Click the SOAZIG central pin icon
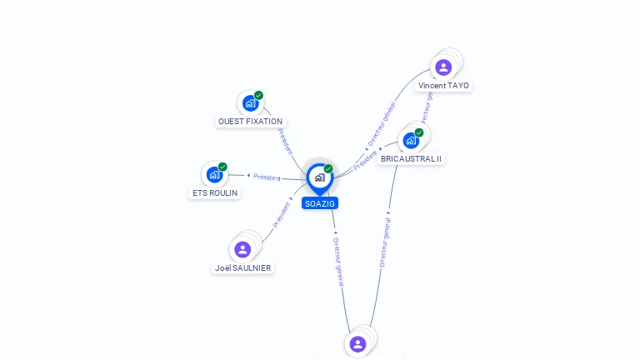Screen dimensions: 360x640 click(x=319, y=177)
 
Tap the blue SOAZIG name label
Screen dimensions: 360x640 click(x=320, y=203)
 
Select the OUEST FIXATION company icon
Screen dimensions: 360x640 click(x=249, y=103)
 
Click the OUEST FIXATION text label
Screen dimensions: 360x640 click(x=250, y=122)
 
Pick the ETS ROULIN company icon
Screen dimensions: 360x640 click(x=214, y=175)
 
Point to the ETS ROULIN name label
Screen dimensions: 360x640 click(x=215, y=193)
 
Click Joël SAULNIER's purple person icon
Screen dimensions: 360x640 click(x=242, y=249)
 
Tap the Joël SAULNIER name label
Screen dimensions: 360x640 click(x=242, y=268)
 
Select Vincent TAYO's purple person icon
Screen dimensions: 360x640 click(x=443, y=67)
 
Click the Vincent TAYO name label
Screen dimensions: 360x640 click(x=443, y=86)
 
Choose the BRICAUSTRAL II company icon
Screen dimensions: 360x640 click(x=410, y=140)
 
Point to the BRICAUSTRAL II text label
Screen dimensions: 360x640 click(x=412, y=158)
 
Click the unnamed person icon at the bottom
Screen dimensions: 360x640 click(x=357, y=343)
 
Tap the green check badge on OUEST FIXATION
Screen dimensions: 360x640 click(x=259, y=95)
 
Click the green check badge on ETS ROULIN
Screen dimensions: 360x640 click(x=222, y=167)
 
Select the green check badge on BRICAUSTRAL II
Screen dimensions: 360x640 click(x=419, y=132)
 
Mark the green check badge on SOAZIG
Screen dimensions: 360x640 click(x=328, y=169)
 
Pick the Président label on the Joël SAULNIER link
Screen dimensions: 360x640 click(x=282, y=216)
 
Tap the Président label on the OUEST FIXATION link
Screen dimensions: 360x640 click(x=285, y=142)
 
